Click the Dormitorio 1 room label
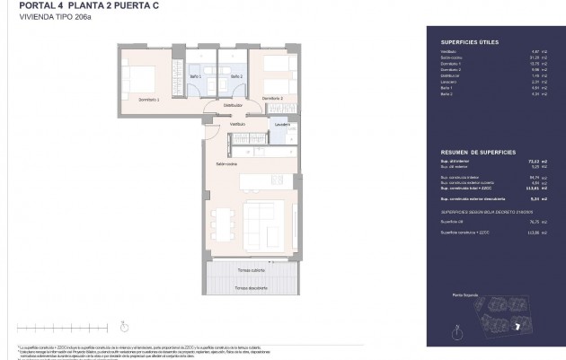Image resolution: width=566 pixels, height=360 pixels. point(147,100)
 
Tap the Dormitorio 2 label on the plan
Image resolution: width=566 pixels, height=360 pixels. point(272,98)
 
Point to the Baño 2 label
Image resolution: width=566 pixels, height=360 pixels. point(236,77)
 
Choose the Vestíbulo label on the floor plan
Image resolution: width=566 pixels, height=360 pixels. point(212,124)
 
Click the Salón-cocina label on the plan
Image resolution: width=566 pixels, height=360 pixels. point(226,165)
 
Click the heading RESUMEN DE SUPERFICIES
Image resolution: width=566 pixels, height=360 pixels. point(472,153)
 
